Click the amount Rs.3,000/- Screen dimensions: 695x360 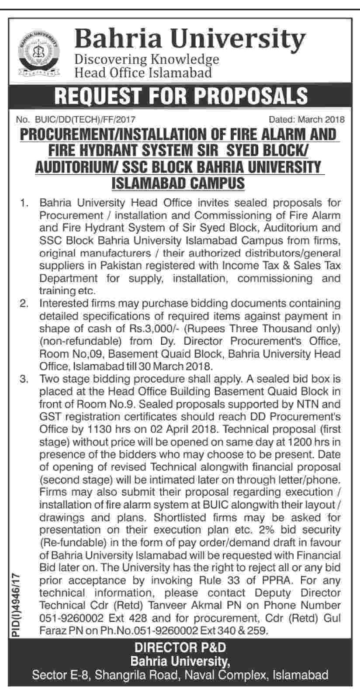(x=144, y=328)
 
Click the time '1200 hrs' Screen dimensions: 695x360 (x=298, y=439)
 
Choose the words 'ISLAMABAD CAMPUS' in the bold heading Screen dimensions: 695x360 (x=179, y=181)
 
